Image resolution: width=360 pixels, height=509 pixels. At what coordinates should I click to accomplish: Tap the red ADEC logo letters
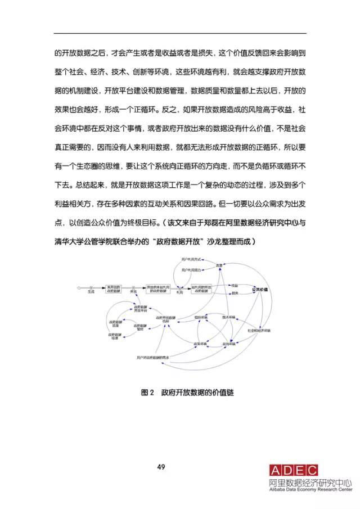tap(293, 471)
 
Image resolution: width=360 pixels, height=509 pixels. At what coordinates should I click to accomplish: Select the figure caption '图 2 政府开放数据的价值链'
tap(187, 393)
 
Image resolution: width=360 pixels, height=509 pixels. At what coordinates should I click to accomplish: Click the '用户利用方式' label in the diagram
tap(191, 260)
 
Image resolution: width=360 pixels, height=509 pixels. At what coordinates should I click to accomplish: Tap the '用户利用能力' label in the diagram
tap(191, 272)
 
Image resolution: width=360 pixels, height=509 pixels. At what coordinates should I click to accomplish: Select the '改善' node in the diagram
tap(220, 265)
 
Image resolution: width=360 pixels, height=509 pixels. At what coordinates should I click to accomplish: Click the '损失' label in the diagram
tap(234, 293)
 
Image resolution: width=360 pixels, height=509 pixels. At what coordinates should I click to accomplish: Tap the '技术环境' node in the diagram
tap(229, 317)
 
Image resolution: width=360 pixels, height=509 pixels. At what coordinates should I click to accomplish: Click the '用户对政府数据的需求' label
tap(154, 357)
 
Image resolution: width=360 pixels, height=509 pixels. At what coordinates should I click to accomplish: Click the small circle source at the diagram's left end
tap(79, 288)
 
